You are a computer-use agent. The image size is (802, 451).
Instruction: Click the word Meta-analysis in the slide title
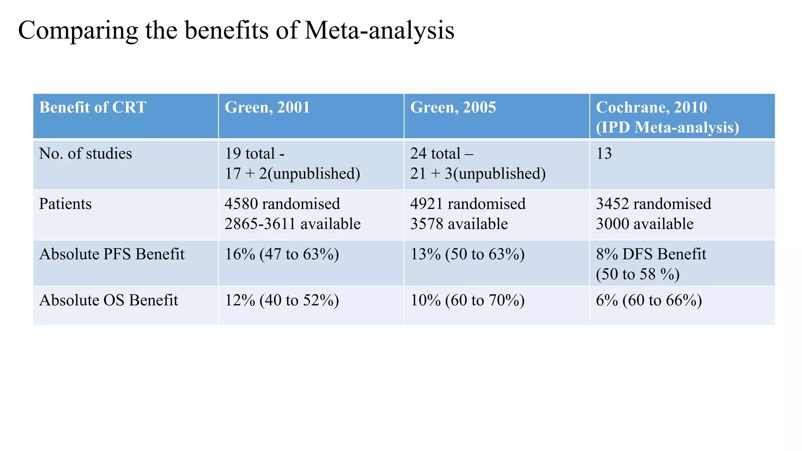click(x=379, y=31)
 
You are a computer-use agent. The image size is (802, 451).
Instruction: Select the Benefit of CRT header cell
click(x=93, y=107)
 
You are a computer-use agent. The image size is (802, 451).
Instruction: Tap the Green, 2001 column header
click(x=267, y=107)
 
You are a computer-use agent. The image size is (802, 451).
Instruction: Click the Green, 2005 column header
click(x=453, y=107)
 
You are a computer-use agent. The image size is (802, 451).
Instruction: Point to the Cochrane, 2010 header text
click(x=651, y=107)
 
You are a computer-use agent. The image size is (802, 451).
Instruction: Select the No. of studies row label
click(x=85, y=153)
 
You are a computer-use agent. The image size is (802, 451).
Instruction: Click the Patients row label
click(x=65, y=204)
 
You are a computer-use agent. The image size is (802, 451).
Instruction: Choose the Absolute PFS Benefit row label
click(x=112, y=254)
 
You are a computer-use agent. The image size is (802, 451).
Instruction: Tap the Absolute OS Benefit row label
click(x=108, y=300)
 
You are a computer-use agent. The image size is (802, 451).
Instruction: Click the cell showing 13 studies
click(x=604, y=153)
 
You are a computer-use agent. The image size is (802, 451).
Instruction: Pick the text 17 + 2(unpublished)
click(x=292, y=173)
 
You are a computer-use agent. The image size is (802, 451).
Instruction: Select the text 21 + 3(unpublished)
click(x=478, y=173)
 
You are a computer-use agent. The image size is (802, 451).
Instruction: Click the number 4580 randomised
click(x=282, y=204)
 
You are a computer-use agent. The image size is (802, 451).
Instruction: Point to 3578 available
click(x=459, y=224)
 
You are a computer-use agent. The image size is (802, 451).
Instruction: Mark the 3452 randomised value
click(x=653, y=204)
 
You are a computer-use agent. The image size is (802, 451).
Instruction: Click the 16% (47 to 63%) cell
click(x=282, y=254)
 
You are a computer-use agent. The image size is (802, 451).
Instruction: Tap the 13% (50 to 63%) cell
click(x=467, y=254)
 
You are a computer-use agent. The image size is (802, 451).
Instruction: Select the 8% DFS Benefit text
click(x=651, y=254)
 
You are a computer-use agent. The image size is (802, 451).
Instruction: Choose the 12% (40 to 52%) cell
click(x=282, y=300)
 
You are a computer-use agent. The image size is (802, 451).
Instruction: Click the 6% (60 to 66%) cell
click(x=648, y=300)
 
